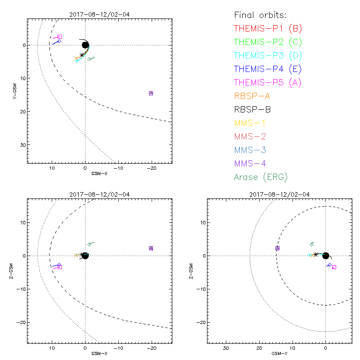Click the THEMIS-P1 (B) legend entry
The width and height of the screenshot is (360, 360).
pos(268,29)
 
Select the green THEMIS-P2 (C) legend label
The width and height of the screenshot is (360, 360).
pos(268,42)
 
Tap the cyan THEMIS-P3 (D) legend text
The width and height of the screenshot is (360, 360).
pos(268,56)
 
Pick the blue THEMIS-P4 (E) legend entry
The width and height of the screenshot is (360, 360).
pos(268,69)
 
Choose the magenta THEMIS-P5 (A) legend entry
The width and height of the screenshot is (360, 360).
pos(268,83)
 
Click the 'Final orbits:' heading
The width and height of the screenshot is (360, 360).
pos(260,15)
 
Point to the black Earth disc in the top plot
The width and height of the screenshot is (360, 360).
pos(85,45)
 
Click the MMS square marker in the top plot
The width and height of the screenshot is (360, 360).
pos(151,93)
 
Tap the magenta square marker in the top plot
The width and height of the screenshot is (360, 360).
pos(60,36)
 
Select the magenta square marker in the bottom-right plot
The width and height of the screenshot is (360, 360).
pos(334,267)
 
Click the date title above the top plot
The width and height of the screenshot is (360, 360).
pos(99,14)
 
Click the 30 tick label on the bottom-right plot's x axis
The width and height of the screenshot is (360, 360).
pos(226,348)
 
